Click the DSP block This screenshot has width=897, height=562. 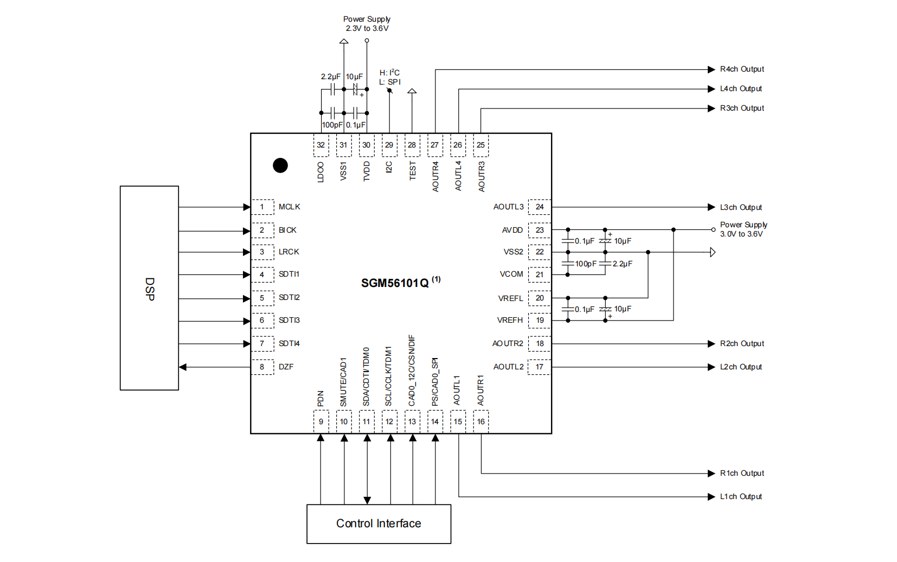tap(149, 288)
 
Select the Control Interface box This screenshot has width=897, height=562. tap(379, 523)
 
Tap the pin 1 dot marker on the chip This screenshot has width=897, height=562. tap(280, 165)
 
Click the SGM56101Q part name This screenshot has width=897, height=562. tap(395, 283)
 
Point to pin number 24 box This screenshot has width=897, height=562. tap(540, 207)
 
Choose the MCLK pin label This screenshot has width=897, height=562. tap(289, 207)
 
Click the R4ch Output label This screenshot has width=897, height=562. tap(741, 69)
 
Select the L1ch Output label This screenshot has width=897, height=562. tap(740, 496)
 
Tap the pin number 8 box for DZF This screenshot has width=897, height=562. tap(262, 367)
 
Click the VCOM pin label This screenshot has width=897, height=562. tap(511, 274)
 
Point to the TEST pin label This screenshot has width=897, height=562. tap(412, 170)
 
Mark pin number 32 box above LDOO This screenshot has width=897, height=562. tap(321, 145)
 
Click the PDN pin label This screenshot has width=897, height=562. tap(321, 398)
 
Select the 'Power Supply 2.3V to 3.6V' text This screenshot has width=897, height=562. tap(367, 24)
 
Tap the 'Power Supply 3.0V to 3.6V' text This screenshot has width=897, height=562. tap(743, 229)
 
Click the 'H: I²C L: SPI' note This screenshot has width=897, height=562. tap(389, 78)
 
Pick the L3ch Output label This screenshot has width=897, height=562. tap(740, 207)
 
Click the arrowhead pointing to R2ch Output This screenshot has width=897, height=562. tap(712, 343)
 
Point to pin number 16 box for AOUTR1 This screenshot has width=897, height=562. tap(481, 421)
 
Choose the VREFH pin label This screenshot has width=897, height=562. tap(510, 320)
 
